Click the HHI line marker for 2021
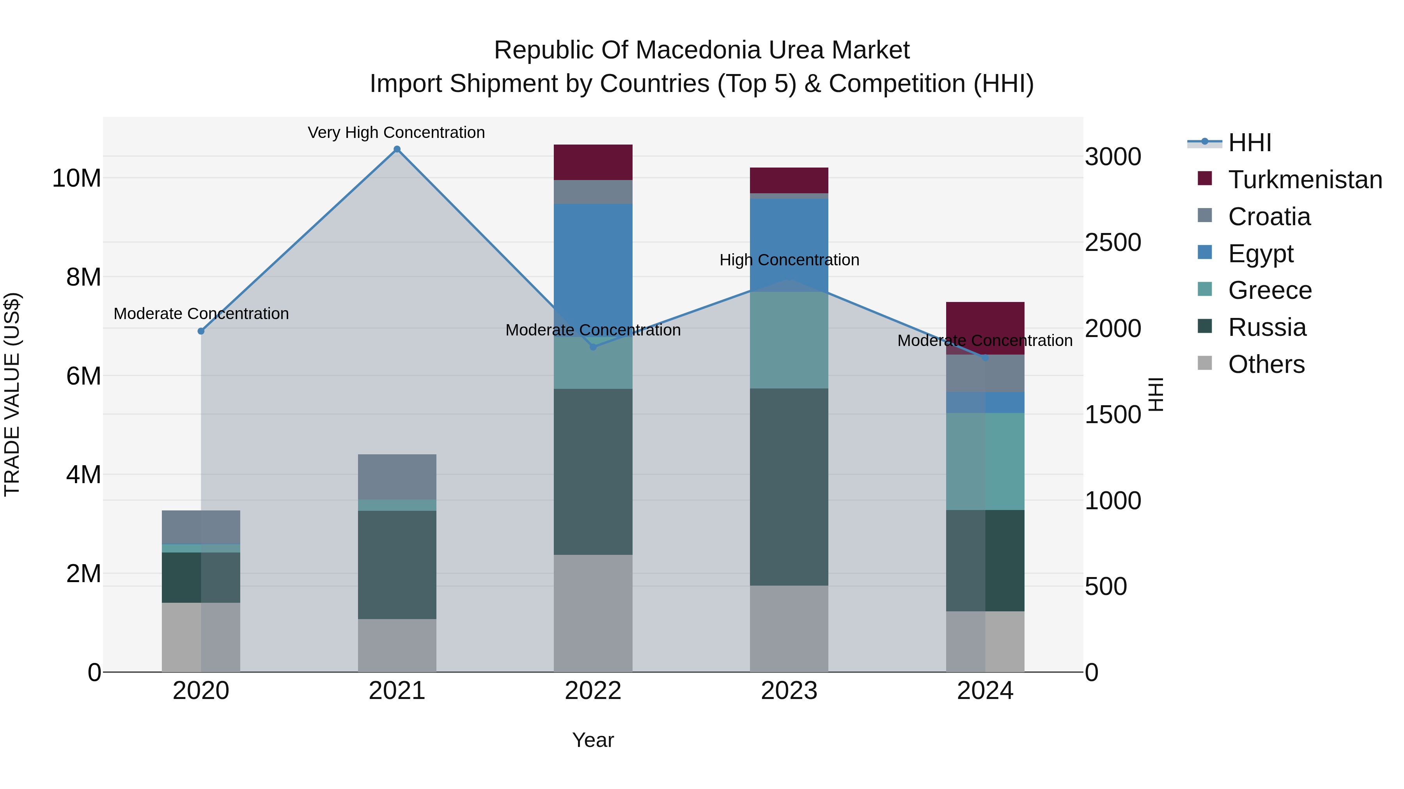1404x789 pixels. (x=397, y=149)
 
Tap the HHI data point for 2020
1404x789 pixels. (x=201, y=331)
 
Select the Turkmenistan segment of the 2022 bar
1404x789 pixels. (x=593, y=162)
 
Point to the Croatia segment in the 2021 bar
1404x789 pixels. (x=397, y=477)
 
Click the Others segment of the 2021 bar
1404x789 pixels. (x=397, y=645)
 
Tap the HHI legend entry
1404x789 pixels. (x=1249, y=143)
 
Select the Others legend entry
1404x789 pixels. (x=1266, y=364)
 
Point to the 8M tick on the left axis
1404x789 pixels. (x=83, y=277)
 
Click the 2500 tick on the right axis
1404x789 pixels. (x=1112, y=243)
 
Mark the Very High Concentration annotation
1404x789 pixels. (x=396, y=132)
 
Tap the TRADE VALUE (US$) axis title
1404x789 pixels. (x=12, y=394)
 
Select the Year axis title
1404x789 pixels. (x=593, y=740)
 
